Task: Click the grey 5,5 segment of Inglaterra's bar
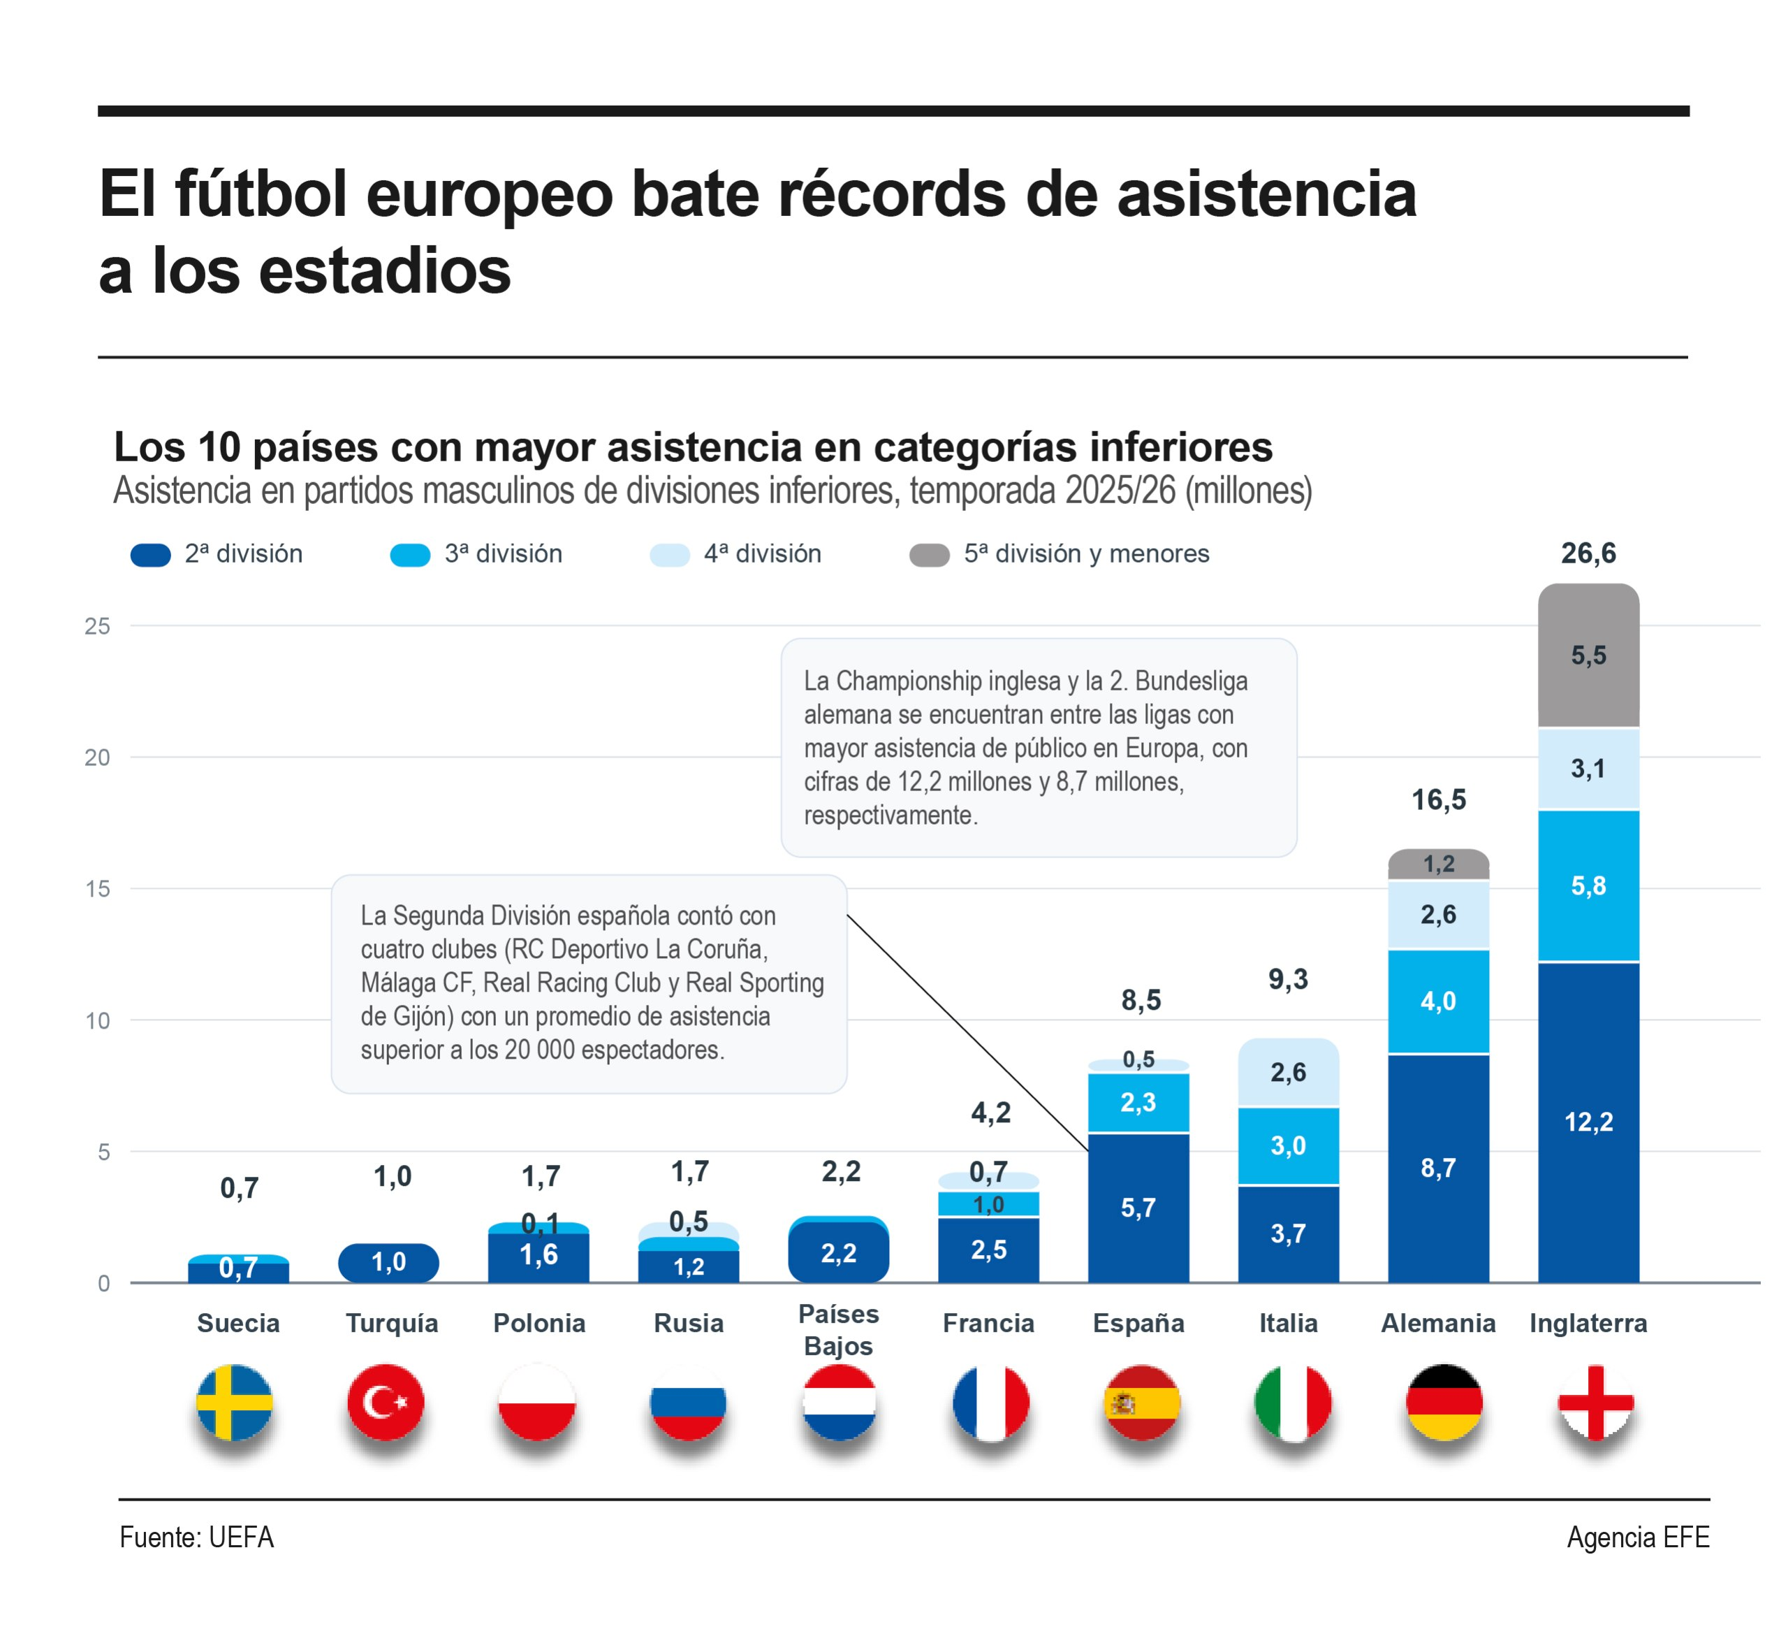(1588, 655)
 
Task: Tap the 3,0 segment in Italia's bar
(1288, 1145)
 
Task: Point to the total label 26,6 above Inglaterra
(1588, 553)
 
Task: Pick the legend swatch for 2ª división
(151, 554)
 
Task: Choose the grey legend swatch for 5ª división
(930, 554)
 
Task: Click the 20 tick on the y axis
(98, 757)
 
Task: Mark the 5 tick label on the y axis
(105, 1152)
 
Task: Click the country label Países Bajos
(838, 1329)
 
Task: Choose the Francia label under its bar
(988, 1323)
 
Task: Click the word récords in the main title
(891, 194)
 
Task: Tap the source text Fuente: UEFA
(197, 1537)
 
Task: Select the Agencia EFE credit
(1638, 1537)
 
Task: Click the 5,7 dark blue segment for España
(1138, 1208)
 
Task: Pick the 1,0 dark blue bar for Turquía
(388, 1263)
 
